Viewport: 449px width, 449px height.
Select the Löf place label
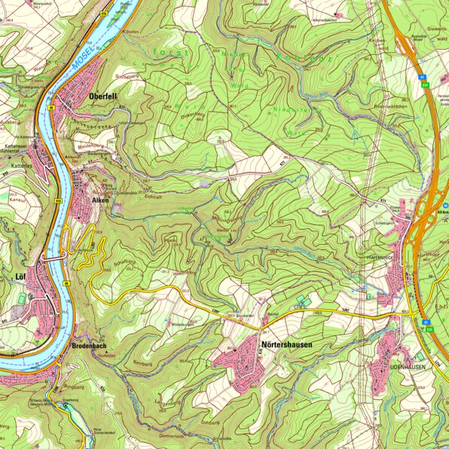pos(21,277)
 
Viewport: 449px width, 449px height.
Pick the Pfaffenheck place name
pos(376,257)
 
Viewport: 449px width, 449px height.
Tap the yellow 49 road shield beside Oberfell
pos(51,108)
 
